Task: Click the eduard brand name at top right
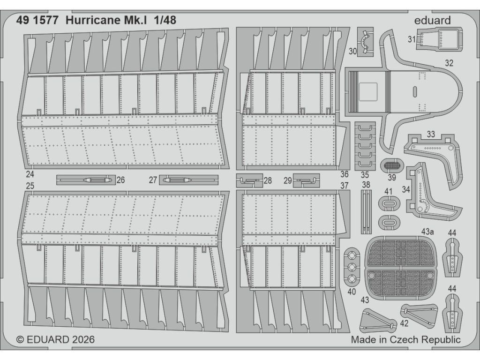[432, 20]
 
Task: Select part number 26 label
[120, 180]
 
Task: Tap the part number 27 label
[153, 180]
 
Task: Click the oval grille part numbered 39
[392, 165]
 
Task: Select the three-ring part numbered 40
[352, 266]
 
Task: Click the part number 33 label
[431, 135]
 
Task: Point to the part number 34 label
[406, 190]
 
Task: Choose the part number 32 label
[449, 63]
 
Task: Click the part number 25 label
[30, 187]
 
